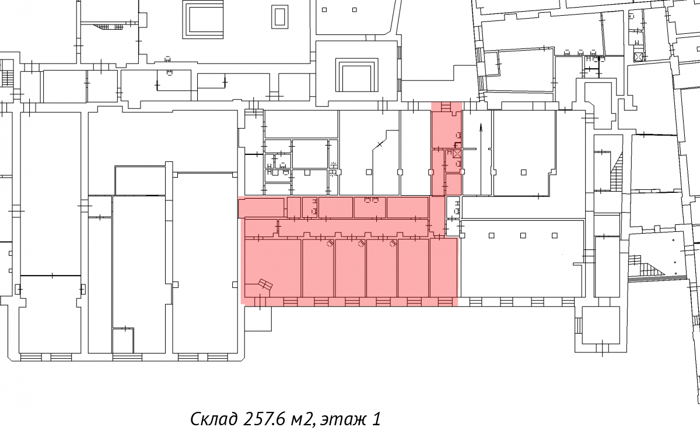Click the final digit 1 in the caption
click(377, 419)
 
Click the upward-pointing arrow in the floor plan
click(481, 159)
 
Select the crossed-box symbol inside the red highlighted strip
click(457, 154)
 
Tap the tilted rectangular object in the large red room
click(265, 284)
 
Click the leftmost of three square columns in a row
click(491, 235)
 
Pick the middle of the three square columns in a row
click(523, 235)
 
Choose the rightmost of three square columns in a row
click(554, 235)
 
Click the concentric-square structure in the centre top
click(357, 75)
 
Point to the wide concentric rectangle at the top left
click(203, 20)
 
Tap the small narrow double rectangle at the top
click(279, 17)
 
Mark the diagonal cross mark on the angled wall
click(380, 144)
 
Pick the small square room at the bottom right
click(601, 325)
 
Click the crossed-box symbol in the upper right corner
click(638, 57)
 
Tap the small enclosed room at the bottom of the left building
click(123, 340)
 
